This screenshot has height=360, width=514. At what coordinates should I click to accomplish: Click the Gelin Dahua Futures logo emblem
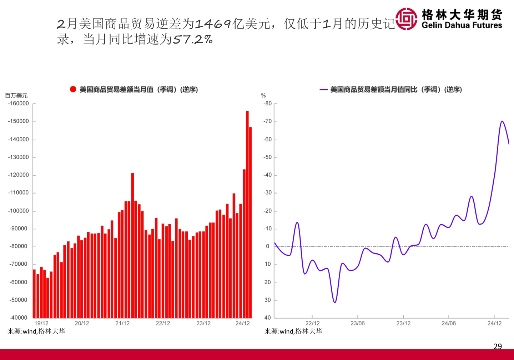406,19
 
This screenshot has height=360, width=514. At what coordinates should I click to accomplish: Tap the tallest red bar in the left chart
247,214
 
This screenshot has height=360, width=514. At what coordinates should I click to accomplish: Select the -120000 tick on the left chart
18,175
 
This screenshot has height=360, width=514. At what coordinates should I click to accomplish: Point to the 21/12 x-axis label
122,324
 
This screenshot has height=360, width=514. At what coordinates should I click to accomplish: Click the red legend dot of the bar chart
73,89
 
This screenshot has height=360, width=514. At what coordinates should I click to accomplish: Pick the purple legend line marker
323,90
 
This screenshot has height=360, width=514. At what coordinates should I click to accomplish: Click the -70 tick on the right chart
268,121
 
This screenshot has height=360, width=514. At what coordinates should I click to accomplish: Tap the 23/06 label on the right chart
357,324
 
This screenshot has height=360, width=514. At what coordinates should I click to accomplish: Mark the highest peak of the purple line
502,121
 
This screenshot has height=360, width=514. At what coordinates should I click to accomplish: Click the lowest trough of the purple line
334,302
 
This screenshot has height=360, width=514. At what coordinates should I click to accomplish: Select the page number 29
498,346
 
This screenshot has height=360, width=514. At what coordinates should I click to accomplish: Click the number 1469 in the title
213,24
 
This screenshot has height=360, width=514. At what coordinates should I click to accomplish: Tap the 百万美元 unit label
16,96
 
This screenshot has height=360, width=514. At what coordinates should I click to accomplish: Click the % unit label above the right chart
263,96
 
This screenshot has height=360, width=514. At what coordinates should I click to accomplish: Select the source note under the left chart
36,331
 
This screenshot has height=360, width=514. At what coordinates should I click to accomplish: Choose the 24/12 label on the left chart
243,324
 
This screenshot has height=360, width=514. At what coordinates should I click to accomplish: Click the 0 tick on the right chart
268,246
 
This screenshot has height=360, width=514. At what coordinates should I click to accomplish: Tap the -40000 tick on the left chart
18,317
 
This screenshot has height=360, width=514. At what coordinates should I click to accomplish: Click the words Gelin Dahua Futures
462,25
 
